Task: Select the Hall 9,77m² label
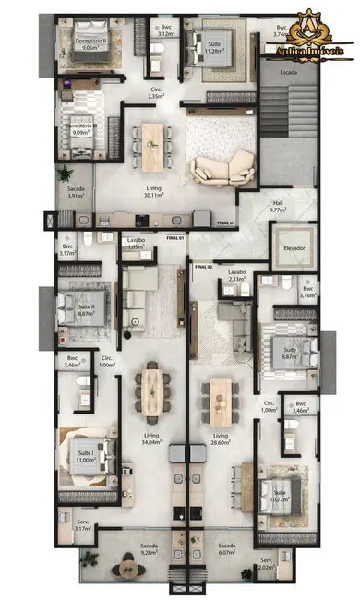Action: (x=278, y=206)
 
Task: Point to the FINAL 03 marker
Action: (x=225, y=222)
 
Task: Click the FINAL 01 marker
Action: (x=175, y=238)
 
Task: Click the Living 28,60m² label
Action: (x=221, y=438)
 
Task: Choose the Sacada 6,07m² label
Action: (x=227, y=549)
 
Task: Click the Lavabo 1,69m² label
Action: (x=135, y=244)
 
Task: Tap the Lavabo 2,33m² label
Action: (x=236, y=276)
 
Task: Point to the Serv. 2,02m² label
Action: (x=267, y=564)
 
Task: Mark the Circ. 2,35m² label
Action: (x=157, y=92)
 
